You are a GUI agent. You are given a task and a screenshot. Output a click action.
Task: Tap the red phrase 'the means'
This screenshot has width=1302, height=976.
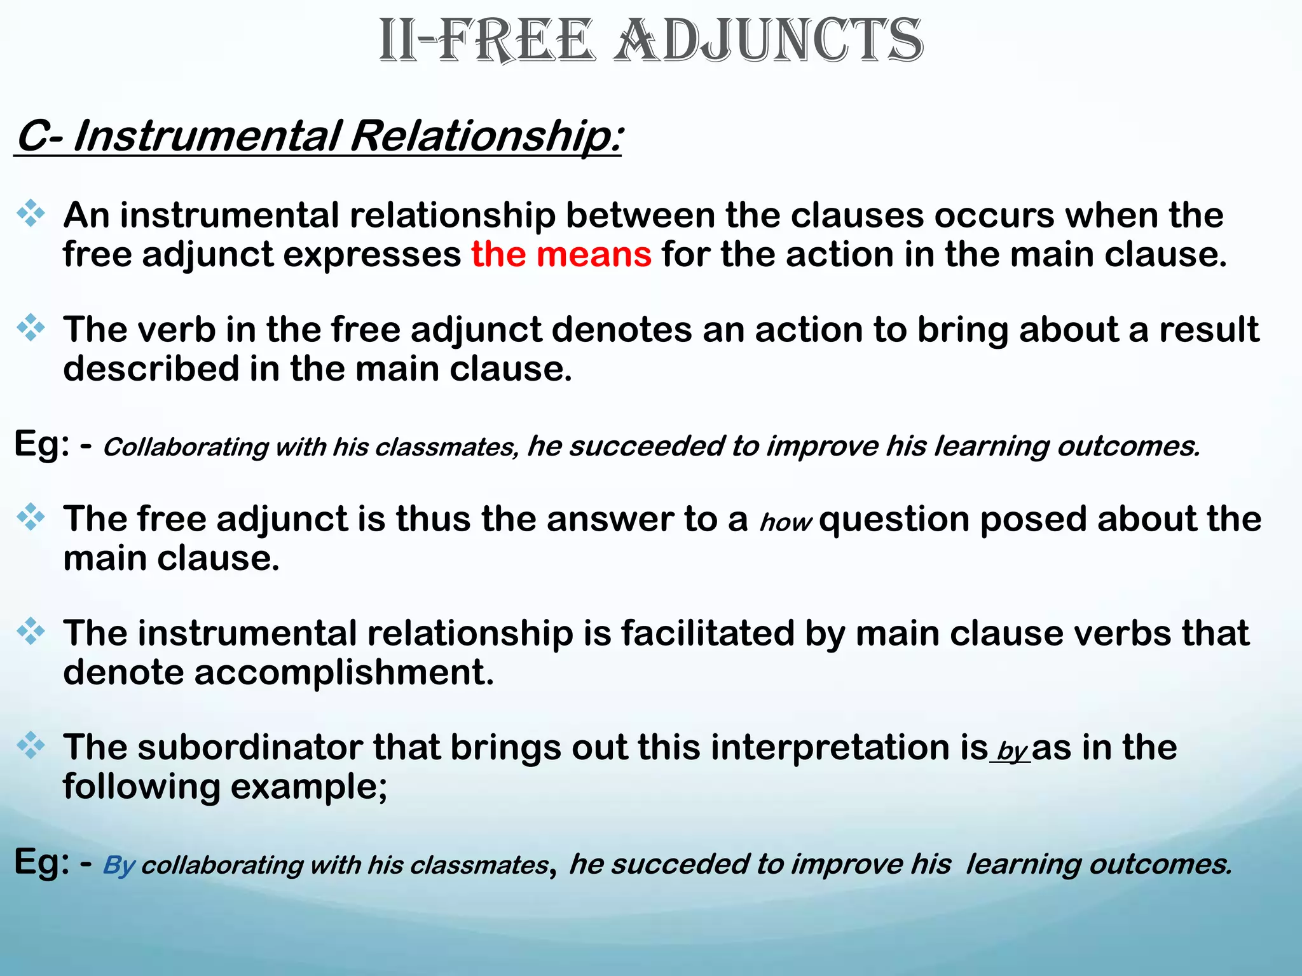pyautogui.click(x=561, y=255)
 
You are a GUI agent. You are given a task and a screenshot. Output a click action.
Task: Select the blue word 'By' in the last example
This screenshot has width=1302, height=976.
pyautogui.click(x=119, y=865)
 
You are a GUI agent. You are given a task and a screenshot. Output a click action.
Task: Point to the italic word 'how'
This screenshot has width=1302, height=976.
pyautogui.click(x=786, y=523)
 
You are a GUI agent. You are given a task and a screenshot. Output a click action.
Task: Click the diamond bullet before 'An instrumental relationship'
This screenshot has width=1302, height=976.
pyautogui.click(x=31, y=213)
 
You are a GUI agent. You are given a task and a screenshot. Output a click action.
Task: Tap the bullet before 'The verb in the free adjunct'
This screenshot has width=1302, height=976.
pyautogui.click(x=31, y=328)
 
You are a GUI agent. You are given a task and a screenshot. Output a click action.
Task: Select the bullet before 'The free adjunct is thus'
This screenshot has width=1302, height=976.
pyautogui.click(x=31, y=517)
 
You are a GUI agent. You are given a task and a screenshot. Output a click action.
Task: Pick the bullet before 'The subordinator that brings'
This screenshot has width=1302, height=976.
pyautogui.click(x=31, y=745)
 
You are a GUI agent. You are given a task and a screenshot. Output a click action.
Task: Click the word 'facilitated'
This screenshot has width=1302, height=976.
pyautogui.click(x=708, y=634)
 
